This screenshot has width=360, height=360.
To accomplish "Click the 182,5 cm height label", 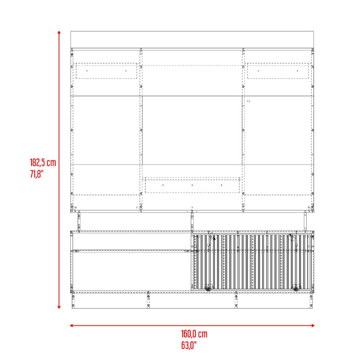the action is (43, 163).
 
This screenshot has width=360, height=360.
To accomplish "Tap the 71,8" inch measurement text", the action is (37, 174).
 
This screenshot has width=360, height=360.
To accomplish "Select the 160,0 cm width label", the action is (194, 334).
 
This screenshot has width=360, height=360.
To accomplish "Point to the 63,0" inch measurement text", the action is (189, 345).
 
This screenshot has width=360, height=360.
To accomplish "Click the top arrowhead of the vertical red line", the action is (59, 32).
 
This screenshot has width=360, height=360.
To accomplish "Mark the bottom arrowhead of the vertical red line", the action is (59, 307).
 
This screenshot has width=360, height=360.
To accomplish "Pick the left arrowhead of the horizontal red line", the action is (71, 325).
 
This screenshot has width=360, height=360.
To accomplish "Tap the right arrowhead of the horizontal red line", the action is (313, 325).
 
